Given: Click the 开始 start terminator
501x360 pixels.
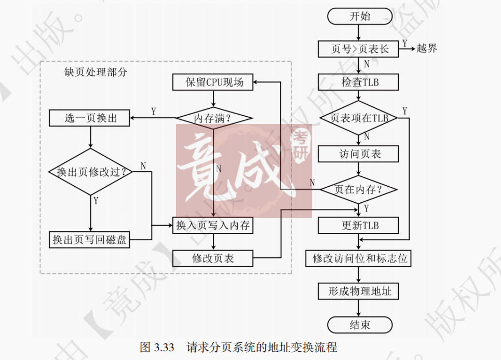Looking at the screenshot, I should pos(359,16).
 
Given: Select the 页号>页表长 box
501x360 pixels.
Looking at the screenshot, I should pos(359,49).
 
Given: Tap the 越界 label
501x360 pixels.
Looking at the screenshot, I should pos(427,49).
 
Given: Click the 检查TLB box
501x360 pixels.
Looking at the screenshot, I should pos(359,82).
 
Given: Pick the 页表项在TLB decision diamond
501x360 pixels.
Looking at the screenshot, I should pos(359,118).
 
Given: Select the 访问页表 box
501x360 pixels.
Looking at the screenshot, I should pos(359,154).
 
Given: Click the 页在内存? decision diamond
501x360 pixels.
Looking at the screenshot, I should pos(359,189).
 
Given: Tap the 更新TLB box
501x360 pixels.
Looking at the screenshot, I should pos(359,225).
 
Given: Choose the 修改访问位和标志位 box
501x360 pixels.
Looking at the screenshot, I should pos(359,258).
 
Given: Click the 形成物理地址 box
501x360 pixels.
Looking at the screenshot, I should pos(359,291).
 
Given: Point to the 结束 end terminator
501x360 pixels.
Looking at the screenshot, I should pos(359,325).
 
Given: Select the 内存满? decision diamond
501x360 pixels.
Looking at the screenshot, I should pos(213,118).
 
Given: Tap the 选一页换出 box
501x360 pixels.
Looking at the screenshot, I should pos(90,118).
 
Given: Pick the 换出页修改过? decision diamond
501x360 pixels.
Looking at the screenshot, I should pos(91,172).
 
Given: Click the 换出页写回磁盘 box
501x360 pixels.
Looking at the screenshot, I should pos(90,240).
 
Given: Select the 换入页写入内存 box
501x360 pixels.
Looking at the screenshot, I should pos(213,225).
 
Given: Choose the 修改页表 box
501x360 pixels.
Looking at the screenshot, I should pos(213,258).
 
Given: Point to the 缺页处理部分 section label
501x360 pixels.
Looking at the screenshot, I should pos(92,72).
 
